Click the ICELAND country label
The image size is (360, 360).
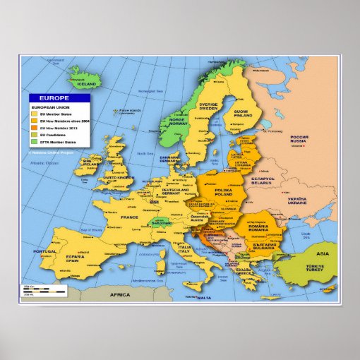pyautogui.click(x=86, y=85)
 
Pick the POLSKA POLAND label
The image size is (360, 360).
pyautogui.click(x=224, y=191)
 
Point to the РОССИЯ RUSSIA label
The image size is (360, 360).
pyautogui.click(x=300, y=138)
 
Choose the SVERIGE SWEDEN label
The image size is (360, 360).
pyautogui.click(x=209, y=107)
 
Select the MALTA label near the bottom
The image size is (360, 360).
pyautogui.click(x=204, y=298)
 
